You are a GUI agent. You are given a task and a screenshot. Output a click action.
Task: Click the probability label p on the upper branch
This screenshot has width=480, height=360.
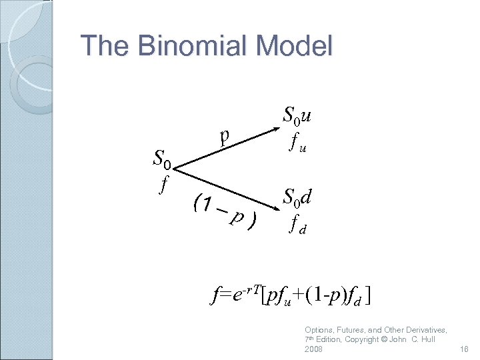point(225,135)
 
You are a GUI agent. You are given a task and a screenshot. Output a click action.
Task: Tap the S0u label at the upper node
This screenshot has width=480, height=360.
point(297,116)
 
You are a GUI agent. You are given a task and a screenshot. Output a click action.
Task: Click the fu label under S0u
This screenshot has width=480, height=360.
point(297,143)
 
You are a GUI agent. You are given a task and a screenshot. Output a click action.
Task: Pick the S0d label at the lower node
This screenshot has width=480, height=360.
point(298,197)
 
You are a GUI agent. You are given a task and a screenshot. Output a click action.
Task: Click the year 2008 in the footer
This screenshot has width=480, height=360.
point(314,349)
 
